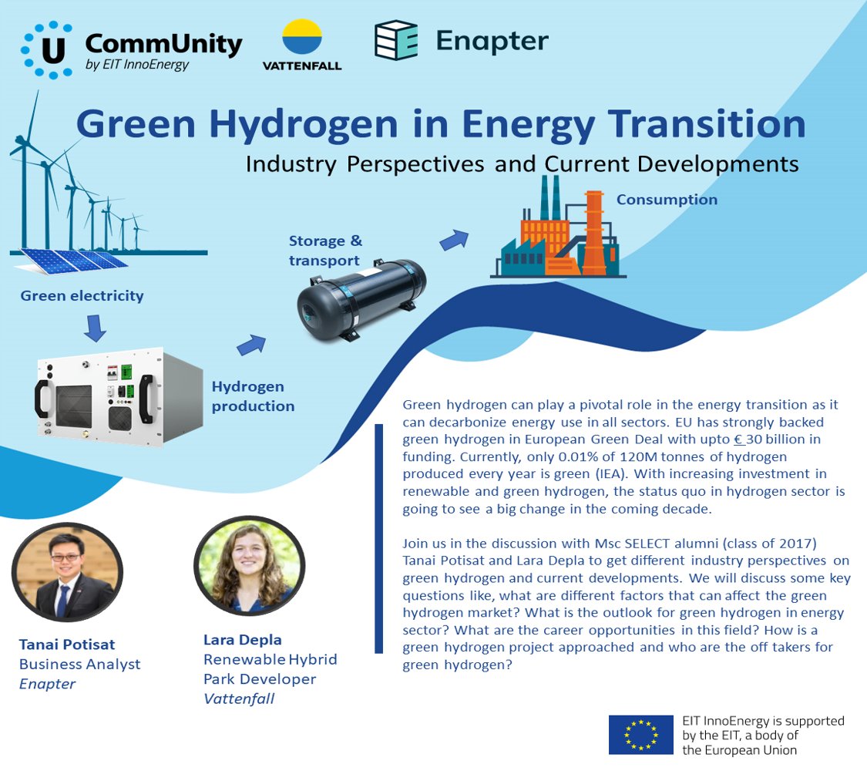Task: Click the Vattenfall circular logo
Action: tap(302, 37)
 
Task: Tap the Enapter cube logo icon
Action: tap(396, 40)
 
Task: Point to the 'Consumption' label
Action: tap(667, 200)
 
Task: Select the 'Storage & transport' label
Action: tap(324, 251)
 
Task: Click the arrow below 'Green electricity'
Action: tap(95, 328)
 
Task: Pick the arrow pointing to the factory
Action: tap(454, 241)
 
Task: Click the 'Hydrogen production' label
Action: tap(253, 396)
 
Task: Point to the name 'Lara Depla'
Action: tap(242, 640)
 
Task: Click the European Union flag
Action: tap(640, 734)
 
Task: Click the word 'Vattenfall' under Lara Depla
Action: tap(240, 699)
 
